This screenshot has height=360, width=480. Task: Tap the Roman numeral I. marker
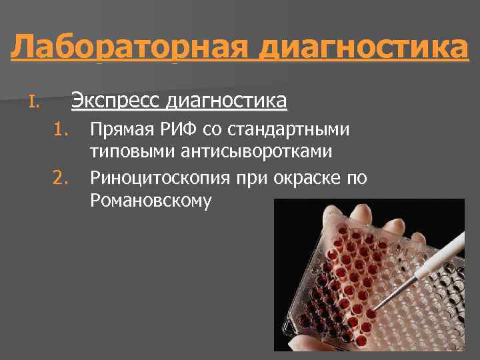[x=35, y=103]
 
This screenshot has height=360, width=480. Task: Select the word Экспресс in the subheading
[x=116, y=101]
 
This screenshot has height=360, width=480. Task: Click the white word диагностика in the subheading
[x=227, y=101]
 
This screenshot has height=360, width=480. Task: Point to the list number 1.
[x=61, y=128]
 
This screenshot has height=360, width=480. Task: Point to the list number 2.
[x=61, y=177]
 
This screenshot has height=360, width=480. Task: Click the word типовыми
[x=132, y=152]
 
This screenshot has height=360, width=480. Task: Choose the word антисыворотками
[x=256, y=152]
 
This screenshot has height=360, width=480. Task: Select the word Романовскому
[x=151, y=201]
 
